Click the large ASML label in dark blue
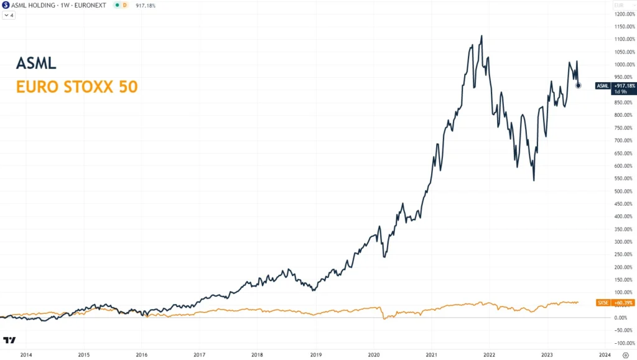[36, 63]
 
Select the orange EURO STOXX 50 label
[77, 86]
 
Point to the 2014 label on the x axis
[26, 354]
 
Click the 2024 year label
[604, 354]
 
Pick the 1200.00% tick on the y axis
[623, 14]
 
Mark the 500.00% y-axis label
[624, 191]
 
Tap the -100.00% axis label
[623, 343]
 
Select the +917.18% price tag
[624, 85]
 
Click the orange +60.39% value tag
[623, 303]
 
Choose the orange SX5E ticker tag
[602, 303]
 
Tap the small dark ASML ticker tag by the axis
[602, 85]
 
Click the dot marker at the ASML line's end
[579, 85]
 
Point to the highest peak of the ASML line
[481, 36]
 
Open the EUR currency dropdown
[618, 5]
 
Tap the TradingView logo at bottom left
[9, 340]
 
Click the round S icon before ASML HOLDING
[6, 5]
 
